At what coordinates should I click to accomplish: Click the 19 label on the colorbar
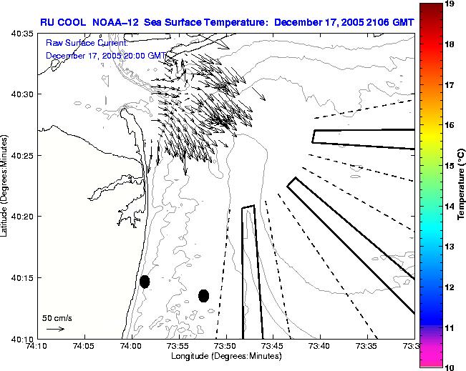pyautogui.click(x=451, y=4)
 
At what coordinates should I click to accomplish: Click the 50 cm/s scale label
pyautogui.click(x=56, y=317)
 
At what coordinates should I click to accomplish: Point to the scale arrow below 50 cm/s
pyautogui.click(x=56, y=329)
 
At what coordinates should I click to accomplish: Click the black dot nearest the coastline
pyautogui.click(x=145, y=282)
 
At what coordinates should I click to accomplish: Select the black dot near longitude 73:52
pyautogui.click(x=203, y=295)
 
